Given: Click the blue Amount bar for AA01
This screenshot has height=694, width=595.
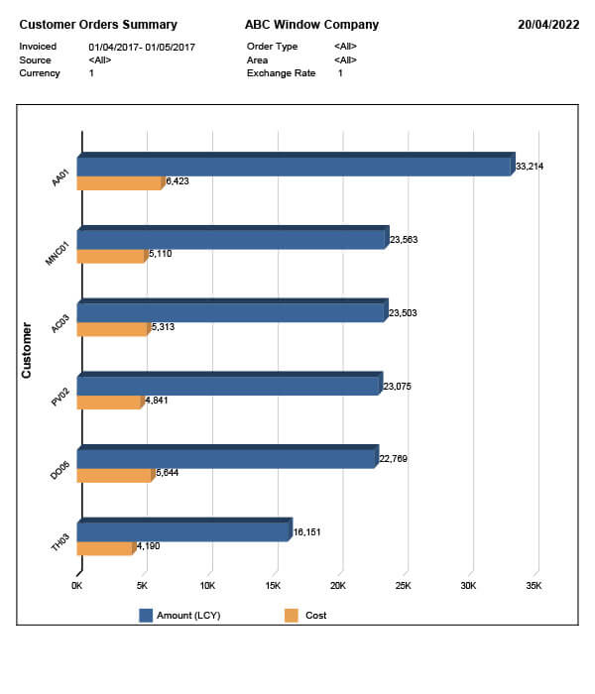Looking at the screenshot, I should pos(296,167).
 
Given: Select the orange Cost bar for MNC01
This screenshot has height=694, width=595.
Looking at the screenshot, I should pos(111,256).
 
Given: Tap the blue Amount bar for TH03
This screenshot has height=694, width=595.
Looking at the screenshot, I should pos(184,532).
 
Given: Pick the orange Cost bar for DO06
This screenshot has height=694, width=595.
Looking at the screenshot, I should pos(114,475).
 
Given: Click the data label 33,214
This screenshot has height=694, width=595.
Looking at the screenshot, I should pos(530,167).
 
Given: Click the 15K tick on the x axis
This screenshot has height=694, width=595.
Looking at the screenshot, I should pos(274,586).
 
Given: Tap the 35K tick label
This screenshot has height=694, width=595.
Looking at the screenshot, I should pos(534,586).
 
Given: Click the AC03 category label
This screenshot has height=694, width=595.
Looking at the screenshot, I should pos(60,324).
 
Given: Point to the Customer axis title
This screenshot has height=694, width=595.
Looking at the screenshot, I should pos(27,349).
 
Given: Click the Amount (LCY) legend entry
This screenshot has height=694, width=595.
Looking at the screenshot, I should pos(188,616).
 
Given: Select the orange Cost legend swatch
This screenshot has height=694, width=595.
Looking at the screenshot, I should pos(292,616).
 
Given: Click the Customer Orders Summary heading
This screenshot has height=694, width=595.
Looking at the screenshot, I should pos(98,25).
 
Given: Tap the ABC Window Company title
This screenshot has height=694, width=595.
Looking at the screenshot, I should pos(311,25).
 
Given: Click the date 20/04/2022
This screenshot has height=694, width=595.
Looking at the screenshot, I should pos(548,25).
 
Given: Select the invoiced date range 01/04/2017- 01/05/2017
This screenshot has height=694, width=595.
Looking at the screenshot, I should pos(142,47).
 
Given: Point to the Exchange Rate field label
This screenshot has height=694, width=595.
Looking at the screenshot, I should pos(281,73).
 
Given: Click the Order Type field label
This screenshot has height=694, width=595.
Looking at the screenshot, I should pos(273,47).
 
